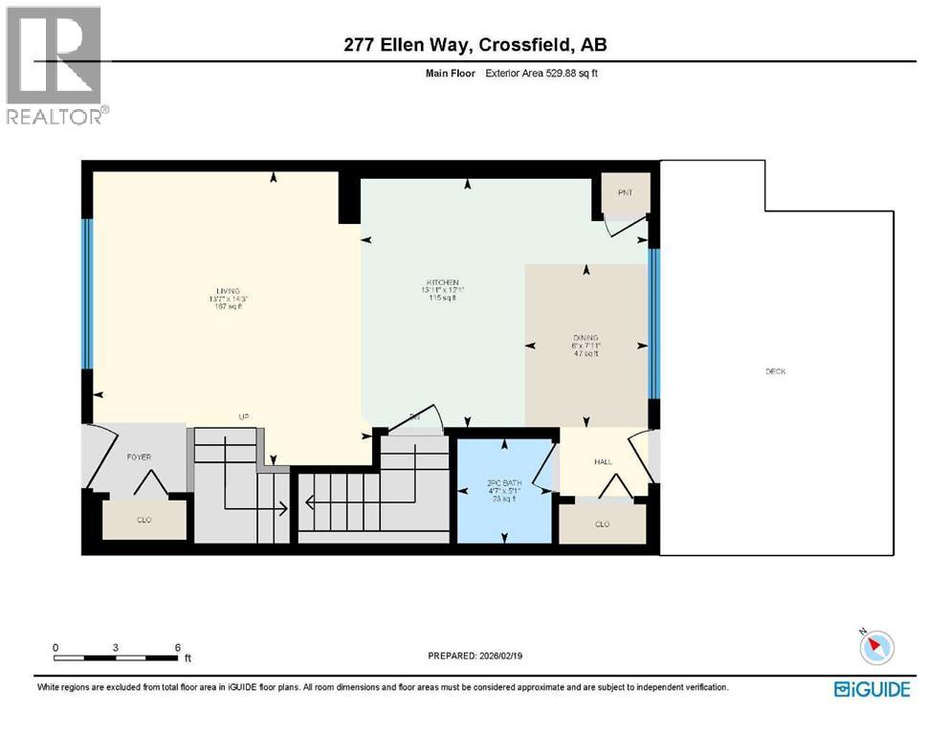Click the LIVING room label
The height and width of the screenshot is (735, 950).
(x=227, y=291)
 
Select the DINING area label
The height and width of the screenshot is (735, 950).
(x=585, y=337)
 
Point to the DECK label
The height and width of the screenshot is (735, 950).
(x=775, y=371)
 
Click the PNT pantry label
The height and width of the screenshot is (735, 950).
(x=625, y=193)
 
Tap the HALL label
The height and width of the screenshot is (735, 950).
(x=603, y=462)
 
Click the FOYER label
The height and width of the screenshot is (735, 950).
(x=139, y=457)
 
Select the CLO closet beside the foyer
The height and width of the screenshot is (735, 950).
(x=144, y=520)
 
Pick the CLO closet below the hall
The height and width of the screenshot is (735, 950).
(x=602, y=523)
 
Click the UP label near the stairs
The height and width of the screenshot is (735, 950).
(x=244, y=416)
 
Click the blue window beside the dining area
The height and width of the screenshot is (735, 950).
(x=654, y=323)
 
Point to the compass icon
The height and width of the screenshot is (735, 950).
(x=876, y=648)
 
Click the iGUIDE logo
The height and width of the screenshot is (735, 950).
(x=872, y=688)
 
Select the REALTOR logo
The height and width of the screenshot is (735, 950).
(x=55, y=66)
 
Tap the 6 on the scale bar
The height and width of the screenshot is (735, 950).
(x=178, y=647)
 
